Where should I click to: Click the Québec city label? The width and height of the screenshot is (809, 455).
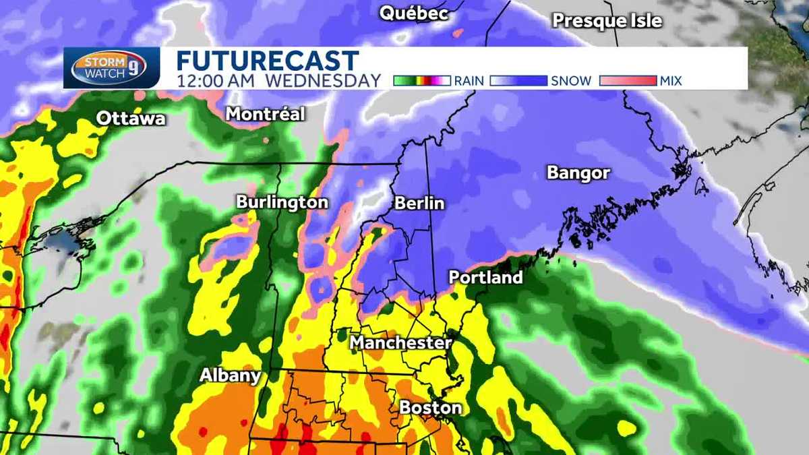[413, 13]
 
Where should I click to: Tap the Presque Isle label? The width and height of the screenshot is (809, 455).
[607, 21]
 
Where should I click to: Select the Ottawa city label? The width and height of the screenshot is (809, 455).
[131, 119]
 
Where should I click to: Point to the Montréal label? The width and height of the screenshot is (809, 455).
[265, 114]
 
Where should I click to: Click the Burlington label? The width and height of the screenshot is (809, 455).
[282, 202]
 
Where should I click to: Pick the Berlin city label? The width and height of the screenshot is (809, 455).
[419, 203]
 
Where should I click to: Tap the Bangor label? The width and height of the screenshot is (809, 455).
[578, 173]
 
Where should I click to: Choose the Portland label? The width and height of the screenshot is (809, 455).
[485, 277]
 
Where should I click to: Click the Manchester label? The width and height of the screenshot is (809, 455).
[400, 343]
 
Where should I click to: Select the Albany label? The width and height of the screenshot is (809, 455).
[230, 375]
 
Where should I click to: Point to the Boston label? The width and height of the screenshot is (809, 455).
[430, 408]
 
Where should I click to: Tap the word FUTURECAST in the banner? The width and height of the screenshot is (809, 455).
[268, 60]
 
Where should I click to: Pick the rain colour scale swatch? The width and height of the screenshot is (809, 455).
[421, 81]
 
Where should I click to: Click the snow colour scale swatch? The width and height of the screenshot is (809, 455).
[518, 81]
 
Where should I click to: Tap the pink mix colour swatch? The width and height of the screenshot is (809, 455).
[627, 81]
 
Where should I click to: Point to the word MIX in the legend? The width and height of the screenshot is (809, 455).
[671, 81]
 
